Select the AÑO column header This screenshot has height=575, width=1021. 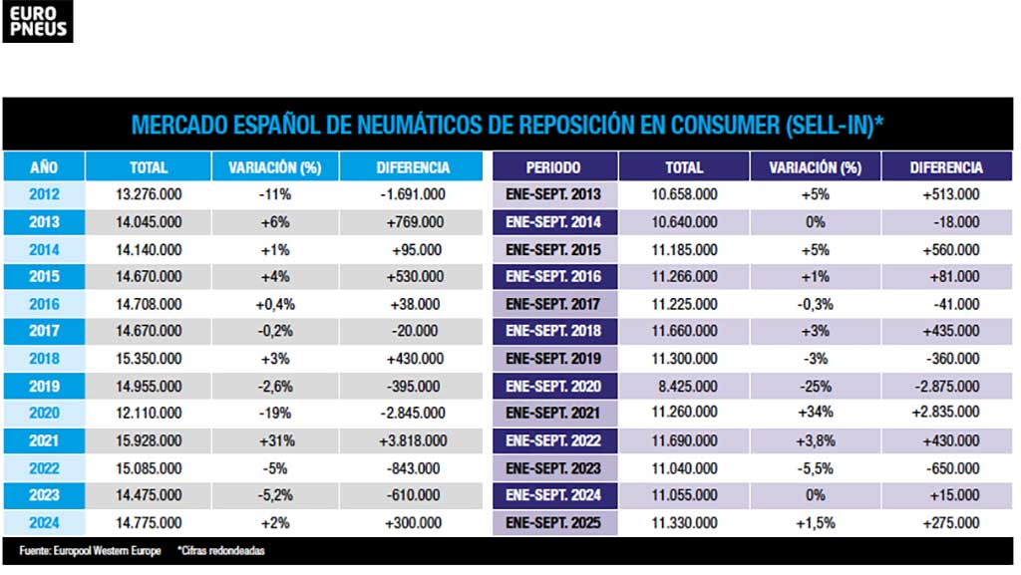[44, 167]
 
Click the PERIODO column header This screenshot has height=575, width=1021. [553, 167]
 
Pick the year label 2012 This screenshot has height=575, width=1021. [44, 194]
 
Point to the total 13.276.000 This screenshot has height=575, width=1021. [149, 194]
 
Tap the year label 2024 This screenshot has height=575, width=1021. [44, 522]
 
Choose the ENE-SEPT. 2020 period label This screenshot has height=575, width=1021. [553, 386]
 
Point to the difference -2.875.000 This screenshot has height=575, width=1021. [946, 386]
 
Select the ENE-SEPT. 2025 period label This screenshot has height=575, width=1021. [553, 522]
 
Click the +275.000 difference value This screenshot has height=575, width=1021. [946, 522]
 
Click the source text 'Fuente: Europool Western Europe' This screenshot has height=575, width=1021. [89, 550]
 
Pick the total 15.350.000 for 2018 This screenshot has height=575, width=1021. [149, 359]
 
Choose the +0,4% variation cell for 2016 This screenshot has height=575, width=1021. [275, 304]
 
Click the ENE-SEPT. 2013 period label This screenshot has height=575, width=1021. [553, 194]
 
